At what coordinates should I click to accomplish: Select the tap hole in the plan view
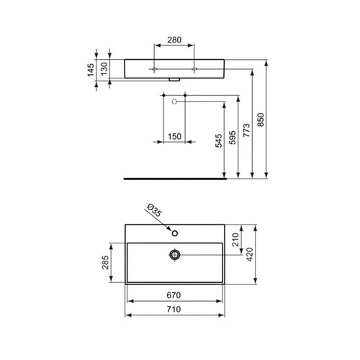click(x=174, y=233)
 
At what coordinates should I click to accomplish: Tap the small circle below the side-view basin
click(x=175, y=102)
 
